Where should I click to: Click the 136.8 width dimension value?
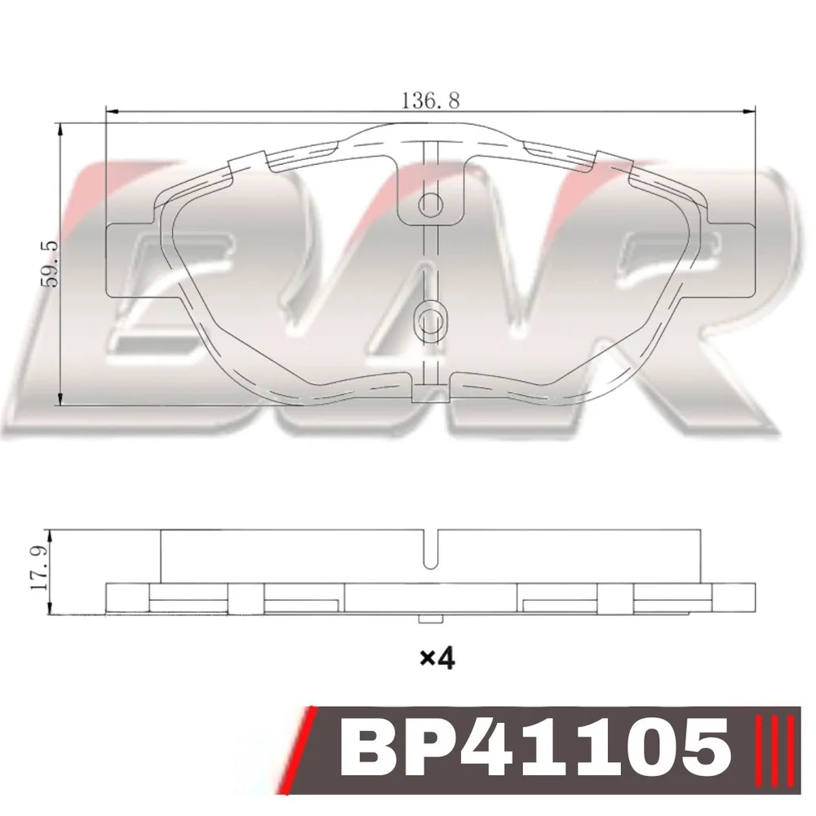[x=430, y=100]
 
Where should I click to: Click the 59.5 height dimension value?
[x=51, y=264]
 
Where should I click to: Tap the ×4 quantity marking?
[x=437, y=659]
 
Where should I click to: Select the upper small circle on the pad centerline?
[x=430, y=205]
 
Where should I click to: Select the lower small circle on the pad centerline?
[x=430, y=317]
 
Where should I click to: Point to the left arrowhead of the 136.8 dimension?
[x=113, y=111]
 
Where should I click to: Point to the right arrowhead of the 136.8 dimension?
[x=747, y=111]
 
